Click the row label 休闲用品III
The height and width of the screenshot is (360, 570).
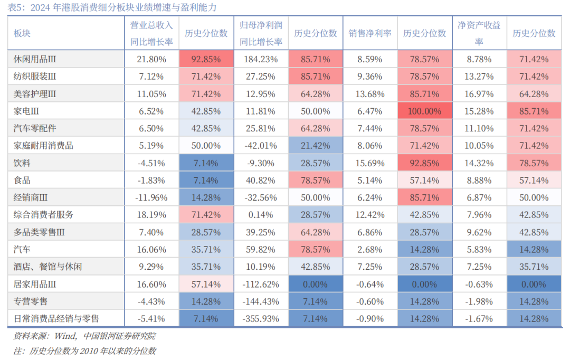coord(35,59)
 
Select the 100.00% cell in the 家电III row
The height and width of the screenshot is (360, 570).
coord(424,111)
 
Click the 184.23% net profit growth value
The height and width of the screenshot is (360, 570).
coord(261,59)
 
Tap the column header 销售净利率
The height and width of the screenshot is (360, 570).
coord(369,33)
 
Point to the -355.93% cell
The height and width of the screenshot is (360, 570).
coord(261,319)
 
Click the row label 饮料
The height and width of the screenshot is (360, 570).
coord(22,163)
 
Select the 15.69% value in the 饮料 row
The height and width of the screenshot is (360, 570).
coord(369,163)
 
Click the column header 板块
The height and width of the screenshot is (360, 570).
coord(22,33)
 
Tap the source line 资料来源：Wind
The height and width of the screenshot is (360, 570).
coord(84,336)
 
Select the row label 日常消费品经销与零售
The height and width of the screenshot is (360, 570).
coord(56,319)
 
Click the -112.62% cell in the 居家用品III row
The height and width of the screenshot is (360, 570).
coord(261,285)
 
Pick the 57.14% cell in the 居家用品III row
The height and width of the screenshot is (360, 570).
coord(206,285)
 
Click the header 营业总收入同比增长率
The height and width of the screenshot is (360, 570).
coord(151,33)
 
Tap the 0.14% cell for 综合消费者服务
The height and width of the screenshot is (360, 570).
coord(261,215)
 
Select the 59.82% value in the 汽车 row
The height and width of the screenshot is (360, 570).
coord(261,250)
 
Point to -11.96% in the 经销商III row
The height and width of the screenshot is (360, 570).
coord(151,198)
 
